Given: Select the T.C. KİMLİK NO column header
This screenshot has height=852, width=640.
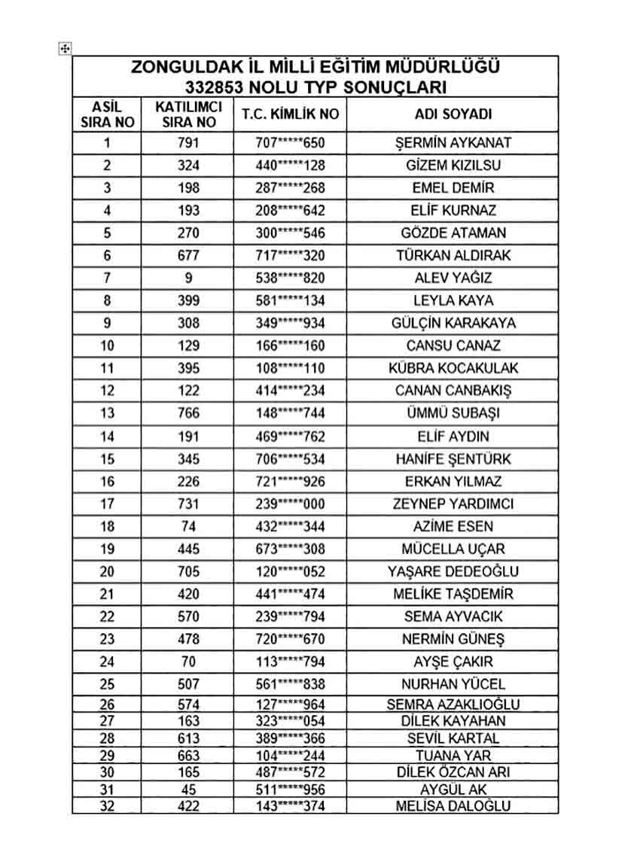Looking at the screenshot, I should (x=290, y=114).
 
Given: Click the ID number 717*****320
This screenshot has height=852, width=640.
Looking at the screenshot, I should (x=290, y=255).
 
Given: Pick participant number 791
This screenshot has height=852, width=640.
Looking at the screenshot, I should (x=188, y=142).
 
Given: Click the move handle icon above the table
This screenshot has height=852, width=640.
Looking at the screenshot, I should (x=65, y=49).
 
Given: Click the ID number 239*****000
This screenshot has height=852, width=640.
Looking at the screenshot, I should (x=290, y=504).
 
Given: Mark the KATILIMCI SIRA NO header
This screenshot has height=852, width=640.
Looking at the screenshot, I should (x=188, y=114).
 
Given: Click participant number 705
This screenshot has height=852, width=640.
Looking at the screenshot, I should (x=188, y=571).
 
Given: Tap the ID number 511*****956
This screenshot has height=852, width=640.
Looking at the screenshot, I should (x=290, y=790).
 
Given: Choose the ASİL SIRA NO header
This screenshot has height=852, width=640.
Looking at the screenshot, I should (x=106, y=114).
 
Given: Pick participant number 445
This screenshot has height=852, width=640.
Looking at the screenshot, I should (x=188, y=549).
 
